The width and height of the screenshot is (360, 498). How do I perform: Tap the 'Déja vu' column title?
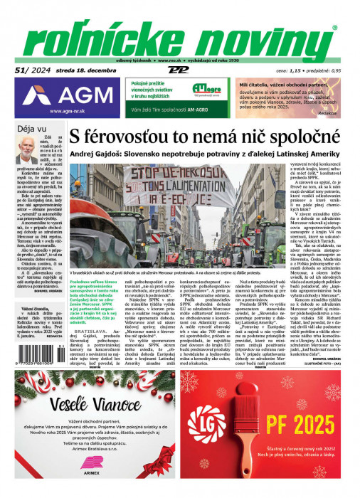(x=32, y=129)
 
